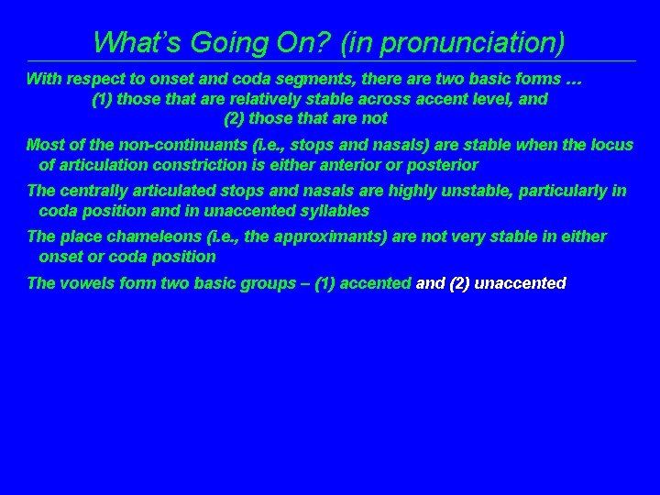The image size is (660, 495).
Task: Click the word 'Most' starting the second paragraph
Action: coord(44,146)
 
